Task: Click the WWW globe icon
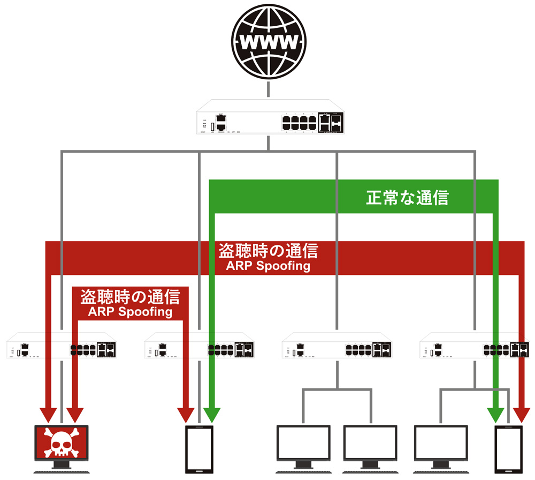coord(269,41)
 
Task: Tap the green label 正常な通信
coord(407,198)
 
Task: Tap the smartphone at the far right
coord(508,449)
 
